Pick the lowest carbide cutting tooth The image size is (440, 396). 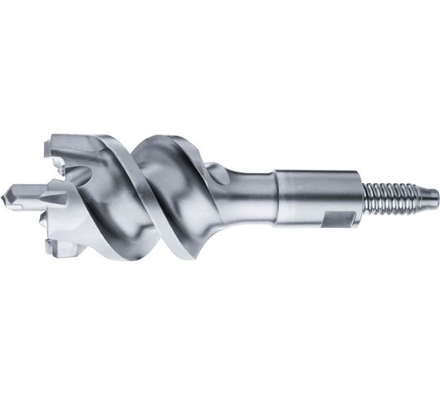(x=58, y=247)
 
